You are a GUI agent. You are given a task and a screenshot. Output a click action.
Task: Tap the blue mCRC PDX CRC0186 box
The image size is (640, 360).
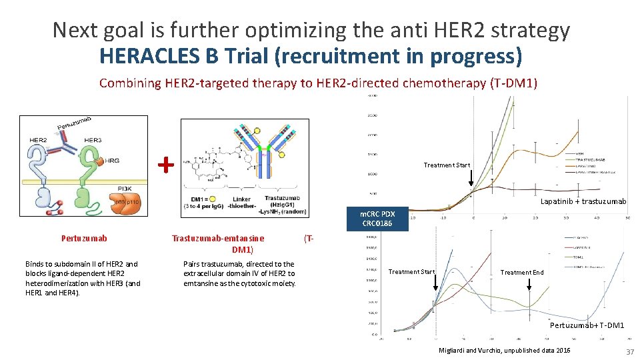(x=378, y=219)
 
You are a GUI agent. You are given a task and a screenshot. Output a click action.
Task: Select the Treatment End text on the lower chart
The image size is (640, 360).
(x=522, y=272)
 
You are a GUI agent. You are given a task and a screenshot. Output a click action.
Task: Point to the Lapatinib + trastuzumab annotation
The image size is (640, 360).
(x=583, y=201)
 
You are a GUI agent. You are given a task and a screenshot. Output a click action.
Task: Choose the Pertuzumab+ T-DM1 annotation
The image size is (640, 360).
(x=587, y=325)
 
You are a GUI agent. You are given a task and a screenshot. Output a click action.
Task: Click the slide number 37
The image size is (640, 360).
(x=628, y=351)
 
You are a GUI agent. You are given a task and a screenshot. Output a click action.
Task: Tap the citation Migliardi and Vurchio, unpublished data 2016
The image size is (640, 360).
(x=505, y=351)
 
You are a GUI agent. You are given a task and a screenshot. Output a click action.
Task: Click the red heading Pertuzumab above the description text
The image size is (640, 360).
(x=84, y=238)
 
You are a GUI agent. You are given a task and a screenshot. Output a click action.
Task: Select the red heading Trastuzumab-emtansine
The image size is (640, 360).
(x=218, y=238)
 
